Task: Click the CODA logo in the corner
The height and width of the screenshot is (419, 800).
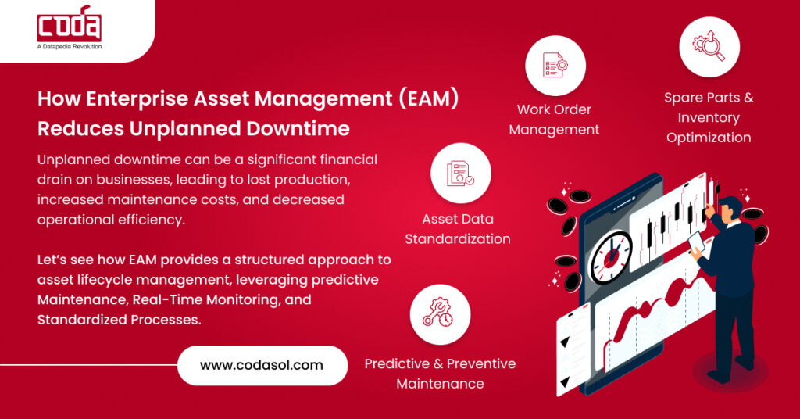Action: click(x=69, y=26)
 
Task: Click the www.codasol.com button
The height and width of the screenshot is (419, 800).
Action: click(x=262, y=365)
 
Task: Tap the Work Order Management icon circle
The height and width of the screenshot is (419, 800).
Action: click(x=554, y=66)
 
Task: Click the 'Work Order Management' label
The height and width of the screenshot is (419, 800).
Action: click(x=554, y=120)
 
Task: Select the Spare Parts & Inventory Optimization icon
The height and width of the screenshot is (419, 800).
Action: click(x=709, y=46)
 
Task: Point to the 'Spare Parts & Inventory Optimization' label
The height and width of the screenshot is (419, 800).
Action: click(x=709, y=118)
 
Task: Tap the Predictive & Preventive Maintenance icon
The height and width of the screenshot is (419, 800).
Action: click(x=440, y=314)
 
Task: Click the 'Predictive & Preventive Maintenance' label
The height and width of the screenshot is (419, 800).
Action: click(x=440, y=374)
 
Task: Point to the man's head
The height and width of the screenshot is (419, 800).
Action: click(x=728, y=209)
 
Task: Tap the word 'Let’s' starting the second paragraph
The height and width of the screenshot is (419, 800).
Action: click(x=53, y=260)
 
